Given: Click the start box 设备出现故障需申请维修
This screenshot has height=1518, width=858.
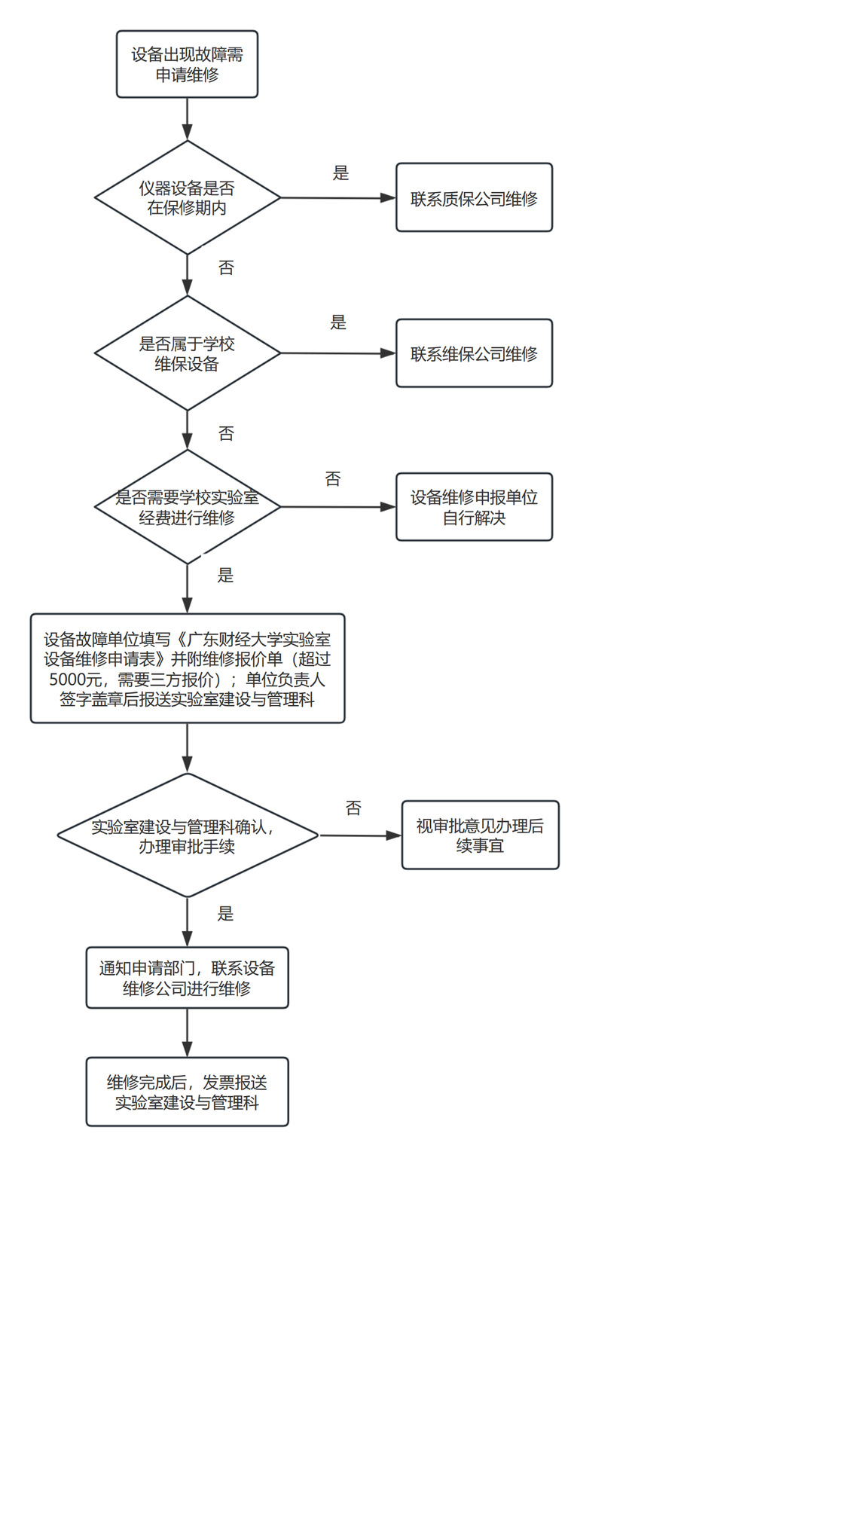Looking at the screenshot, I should [187, 64].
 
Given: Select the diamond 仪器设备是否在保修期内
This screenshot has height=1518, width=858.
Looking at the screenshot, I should [187, 197].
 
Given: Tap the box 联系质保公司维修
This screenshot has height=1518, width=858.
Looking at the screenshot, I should [474, 198].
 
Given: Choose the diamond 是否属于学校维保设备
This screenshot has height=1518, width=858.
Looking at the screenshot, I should [187, 353].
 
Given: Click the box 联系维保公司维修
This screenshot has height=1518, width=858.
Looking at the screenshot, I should [474, 353].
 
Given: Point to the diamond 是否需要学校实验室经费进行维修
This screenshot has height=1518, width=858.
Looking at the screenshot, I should [187, 507].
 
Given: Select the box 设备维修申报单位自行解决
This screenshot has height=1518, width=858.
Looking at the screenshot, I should [474, 507].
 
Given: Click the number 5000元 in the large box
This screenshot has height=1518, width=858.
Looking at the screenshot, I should [75, 680].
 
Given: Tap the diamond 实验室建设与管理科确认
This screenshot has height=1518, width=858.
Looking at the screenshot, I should [187, 835].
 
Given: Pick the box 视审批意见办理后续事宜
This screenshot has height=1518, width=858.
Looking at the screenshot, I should [480, 835].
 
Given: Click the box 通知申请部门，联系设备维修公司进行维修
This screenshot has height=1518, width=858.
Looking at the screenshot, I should [187, 978].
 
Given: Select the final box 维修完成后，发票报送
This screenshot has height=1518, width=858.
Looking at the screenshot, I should [187, 1092].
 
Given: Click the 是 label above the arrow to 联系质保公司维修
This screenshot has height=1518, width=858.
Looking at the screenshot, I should [341, 173].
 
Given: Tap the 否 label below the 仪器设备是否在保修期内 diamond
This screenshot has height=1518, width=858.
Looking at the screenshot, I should [226, 268].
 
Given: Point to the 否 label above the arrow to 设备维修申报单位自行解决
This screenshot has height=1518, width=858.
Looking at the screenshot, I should [333, 479].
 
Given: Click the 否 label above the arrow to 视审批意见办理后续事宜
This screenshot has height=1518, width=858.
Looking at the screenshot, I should [353, 808].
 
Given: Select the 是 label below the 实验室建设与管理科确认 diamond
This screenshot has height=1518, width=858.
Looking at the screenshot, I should [225, 914].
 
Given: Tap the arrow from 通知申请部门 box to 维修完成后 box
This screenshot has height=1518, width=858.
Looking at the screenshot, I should [187, 1033].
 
